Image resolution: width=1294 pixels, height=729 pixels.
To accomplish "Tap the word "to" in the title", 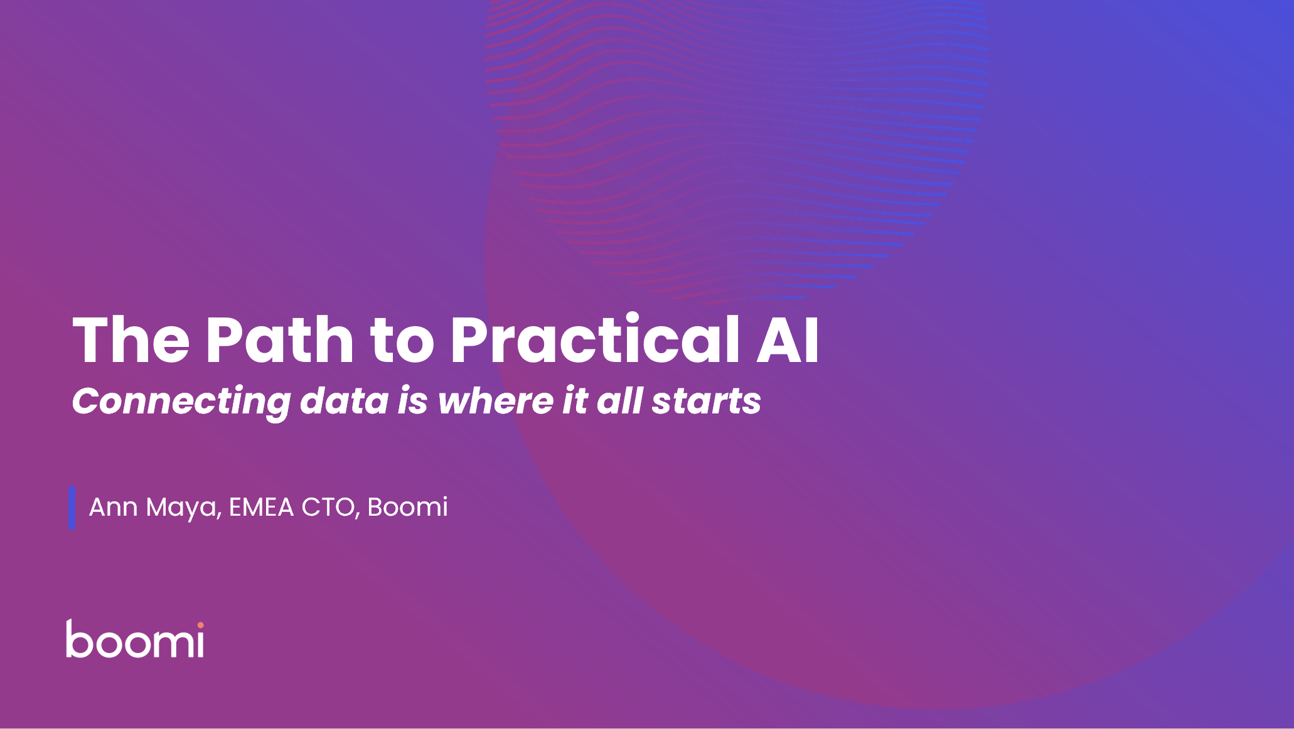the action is pyautogui.click(x=402, y=343).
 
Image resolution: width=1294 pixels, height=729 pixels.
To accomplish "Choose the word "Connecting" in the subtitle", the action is pyautogui.click(x=181, y=402).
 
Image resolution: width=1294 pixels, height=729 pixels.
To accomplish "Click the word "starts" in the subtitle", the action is pyautogui.click(x=707, y=402).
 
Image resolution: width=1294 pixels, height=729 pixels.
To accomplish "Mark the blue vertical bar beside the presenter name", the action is pyautogui.click(x=72, y=508).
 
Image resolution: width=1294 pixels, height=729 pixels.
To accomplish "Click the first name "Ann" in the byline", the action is pyautogui.click(x=114, y=507).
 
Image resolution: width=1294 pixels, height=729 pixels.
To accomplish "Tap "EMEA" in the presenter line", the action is pyautogui.click(x=261, y=507).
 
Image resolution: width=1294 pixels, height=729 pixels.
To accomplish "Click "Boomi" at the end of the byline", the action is pyautogui.click(x=408, y=506).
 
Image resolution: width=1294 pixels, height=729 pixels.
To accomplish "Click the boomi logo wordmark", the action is pyautogui.click(x=135, y=639).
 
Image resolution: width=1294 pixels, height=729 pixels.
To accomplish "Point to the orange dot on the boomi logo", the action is pyautogui.click(x=200, y=625).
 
